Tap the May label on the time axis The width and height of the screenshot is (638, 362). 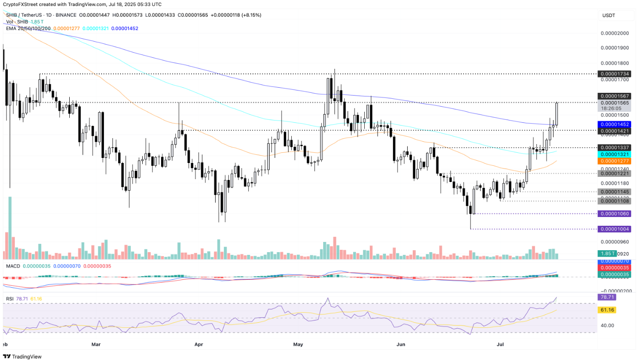298,344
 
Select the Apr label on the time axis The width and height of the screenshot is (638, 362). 199,344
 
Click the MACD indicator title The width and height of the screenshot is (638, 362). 13,266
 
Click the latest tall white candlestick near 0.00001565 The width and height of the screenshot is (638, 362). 557,114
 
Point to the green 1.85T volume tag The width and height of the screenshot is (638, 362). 607,253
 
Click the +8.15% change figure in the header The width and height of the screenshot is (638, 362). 249,15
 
